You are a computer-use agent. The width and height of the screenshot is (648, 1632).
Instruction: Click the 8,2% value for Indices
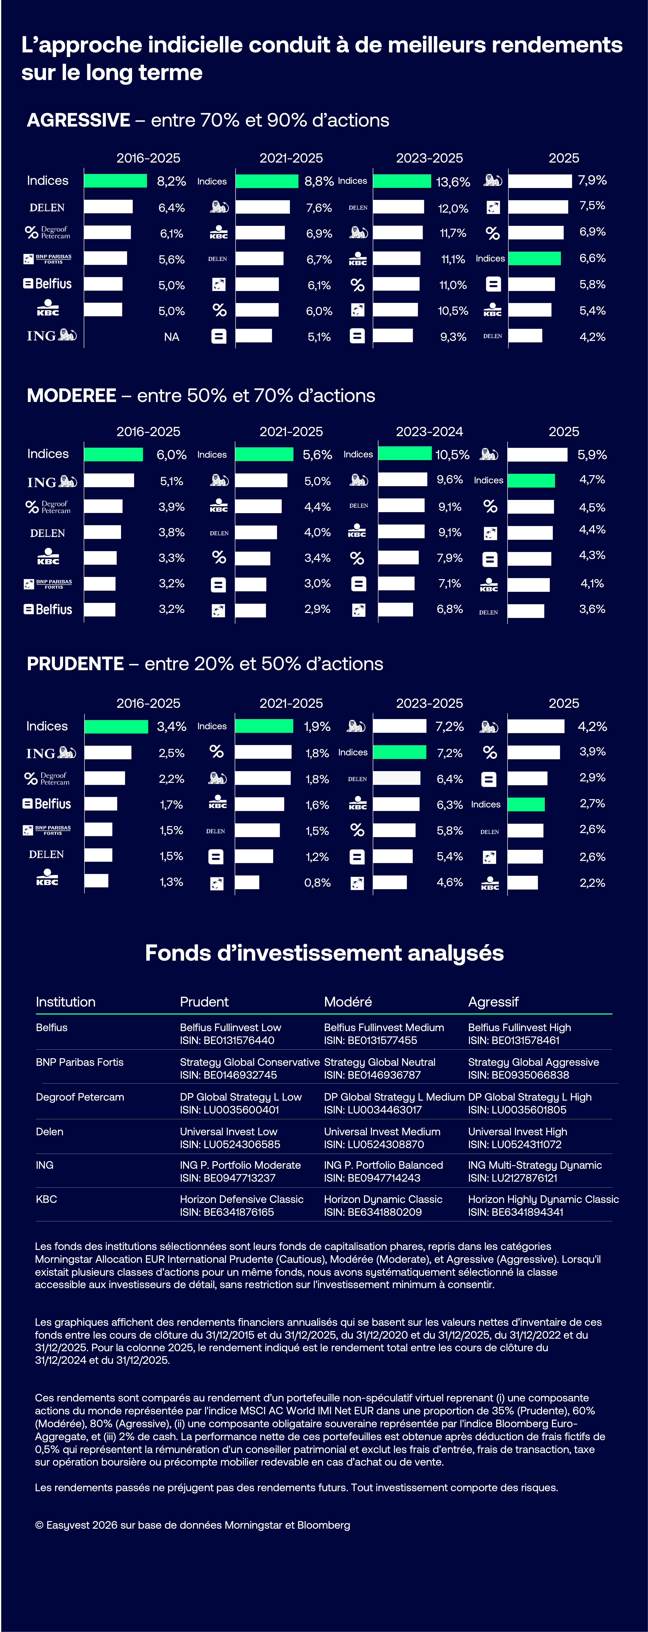point(171,181)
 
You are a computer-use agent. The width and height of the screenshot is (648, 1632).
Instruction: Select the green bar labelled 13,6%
point(402,181)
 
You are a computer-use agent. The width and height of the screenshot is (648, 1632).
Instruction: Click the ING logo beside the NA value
point(51,336)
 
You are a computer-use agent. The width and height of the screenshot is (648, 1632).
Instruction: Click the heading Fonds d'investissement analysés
point(324,953)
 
